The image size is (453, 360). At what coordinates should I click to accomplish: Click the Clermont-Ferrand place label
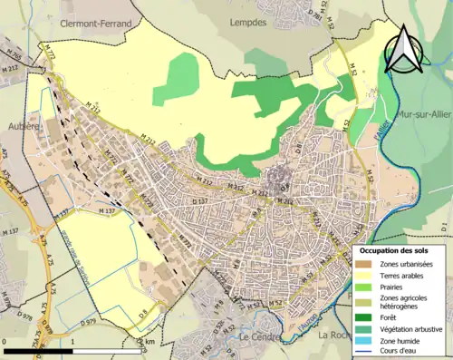click(96, 25)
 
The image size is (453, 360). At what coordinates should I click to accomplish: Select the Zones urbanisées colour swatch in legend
click(367, 264)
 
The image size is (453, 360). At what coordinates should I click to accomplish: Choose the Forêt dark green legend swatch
click(367, 316)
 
